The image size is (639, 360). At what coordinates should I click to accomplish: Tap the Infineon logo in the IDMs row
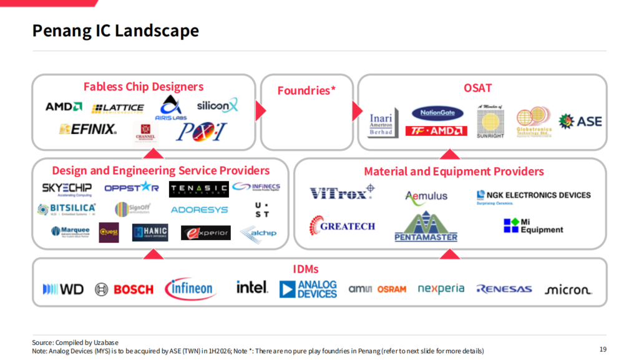[x=191, y=288]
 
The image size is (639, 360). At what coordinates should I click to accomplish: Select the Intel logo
[x=251, y=288]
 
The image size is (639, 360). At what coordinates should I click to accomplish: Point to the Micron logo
[x=568, y=289]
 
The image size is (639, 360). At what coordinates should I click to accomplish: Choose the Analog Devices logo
[x=308, y=288]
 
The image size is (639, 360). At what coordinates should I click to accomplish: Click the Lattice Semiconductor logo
[x=117, y=108]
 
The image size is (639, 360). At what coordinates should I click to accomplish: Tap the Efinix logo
[x=88, y=129]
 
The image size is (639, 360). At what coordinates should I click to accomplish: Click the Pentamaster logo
[x=426, y=227]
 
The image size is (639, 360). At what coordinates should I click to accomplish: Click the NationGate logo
[x=437, y=114]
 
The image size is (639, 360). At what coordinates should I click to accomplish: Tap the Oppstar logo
[x=131, y=187]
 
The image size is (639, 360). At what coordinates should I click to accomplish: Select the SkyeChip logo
[x=66, y=188]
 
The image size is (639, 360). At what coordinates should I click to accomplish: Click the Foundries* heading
[x=306, y=90]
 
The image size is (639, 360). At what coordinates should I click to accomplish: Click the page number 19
[x=602, y=349]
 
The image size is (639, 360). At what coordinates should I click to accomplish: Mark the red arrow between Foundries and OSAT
[x=358, y=112]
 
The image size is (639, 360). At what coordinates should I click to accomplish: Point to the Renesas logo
[x=504, y=289]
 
